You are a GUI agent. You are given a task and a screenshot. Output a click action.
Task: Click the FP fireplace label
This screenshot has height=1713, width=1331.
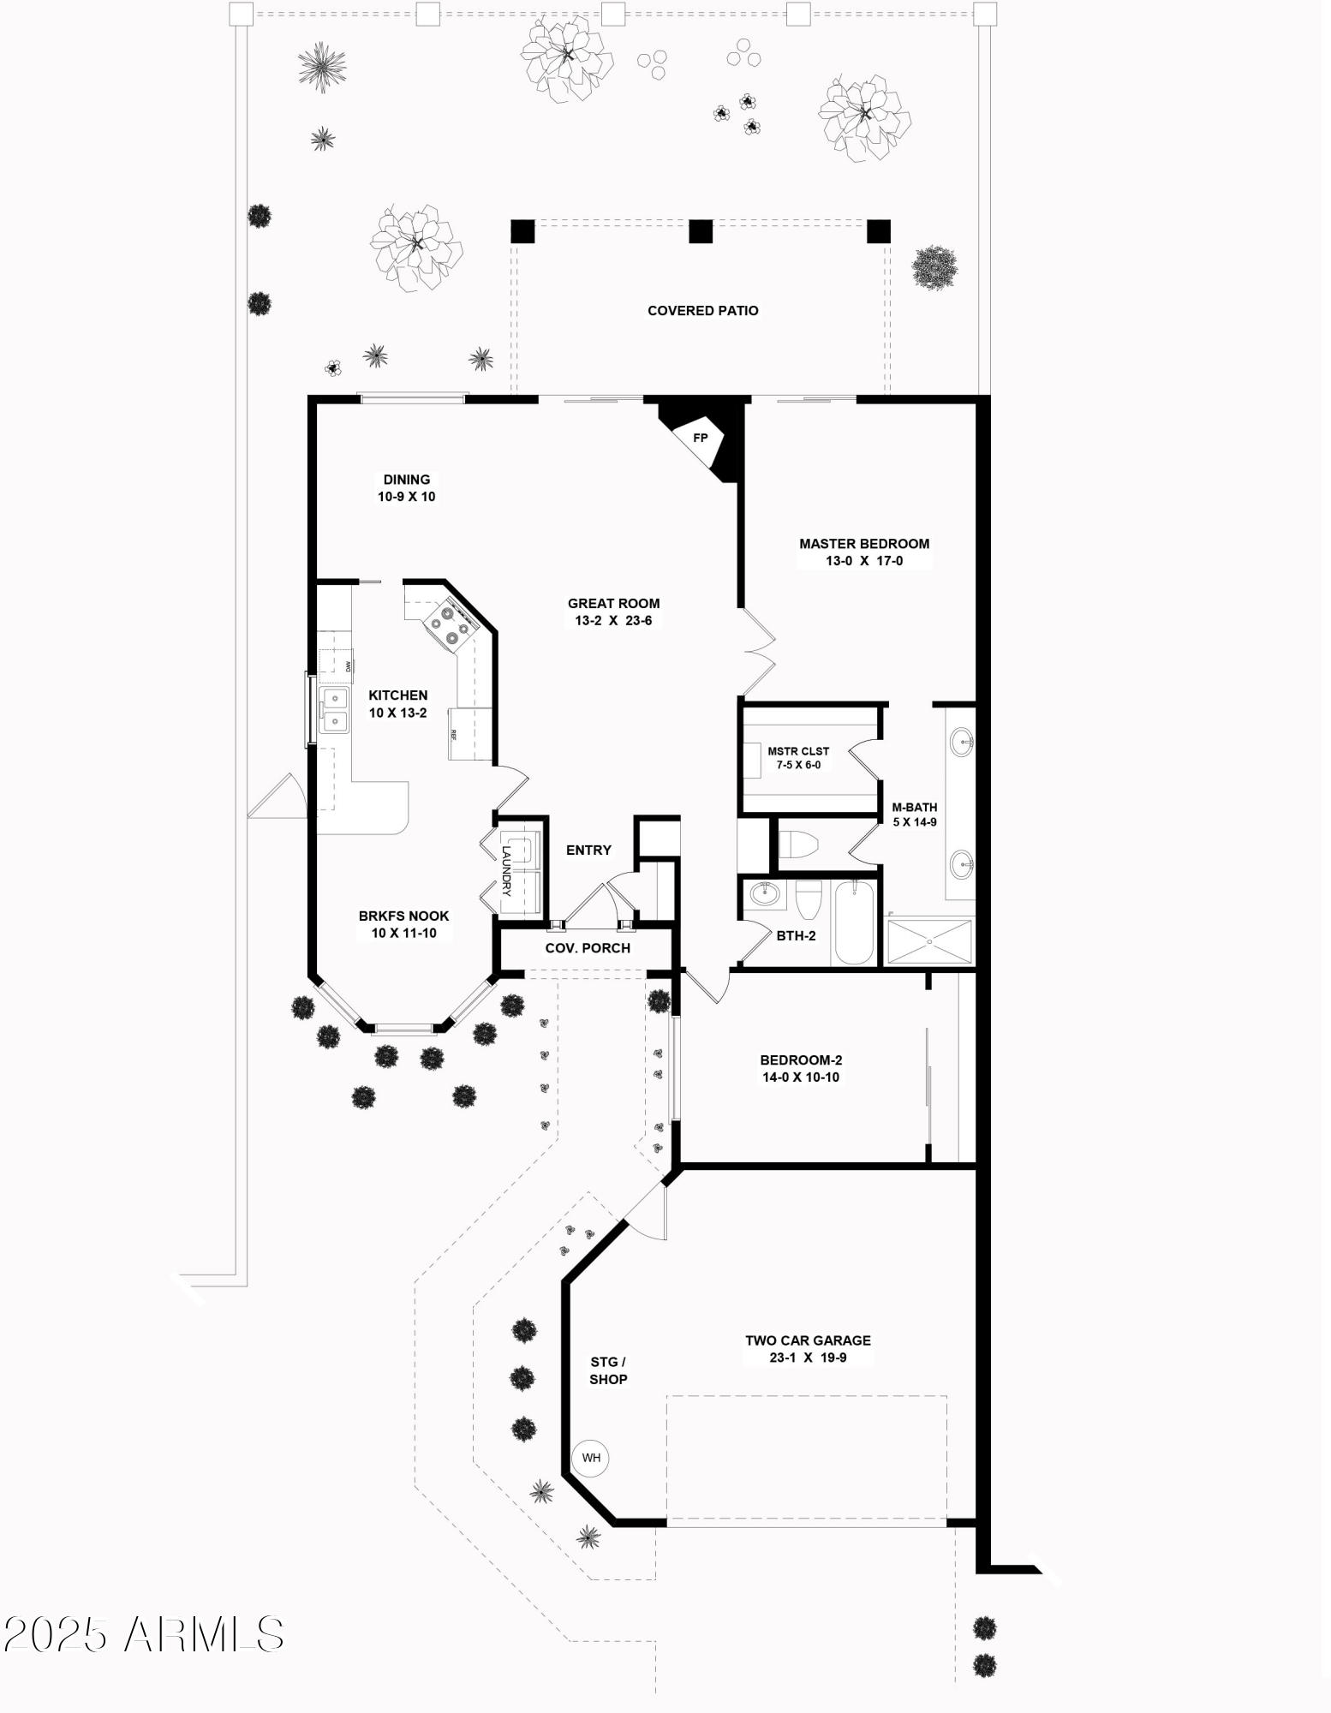coord(700,439)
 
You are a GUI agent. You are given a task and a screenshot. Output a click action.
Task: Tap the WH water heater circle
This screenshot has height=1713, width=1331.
coord(591,1458)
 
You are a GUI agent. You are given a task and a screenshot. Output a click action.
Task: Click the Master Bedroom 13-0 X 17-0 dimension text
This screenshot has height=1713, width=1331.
coord(863,561)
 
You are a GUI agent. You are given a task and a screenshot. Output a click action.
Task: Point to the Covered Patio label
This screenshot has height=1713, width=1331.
coord(702,311)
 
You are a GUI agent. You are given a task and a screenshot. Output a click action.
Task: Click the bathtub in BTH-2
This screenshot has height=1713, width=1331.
coord(853,922)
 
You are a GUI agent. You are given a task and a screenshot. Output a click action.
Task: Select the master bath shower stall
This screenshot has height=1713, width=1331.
coord(929,941)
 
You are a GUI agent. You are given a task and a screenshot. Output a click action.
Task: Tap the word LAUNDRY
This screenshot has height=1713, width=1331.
coord(506,871)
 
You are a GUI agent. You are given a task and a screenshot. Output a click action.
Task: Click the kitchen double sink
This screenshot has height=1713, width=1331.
coord(334,710)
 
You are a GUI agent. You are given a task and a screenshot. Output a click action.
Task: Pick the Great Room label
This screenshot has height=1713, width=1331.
coord(613,604)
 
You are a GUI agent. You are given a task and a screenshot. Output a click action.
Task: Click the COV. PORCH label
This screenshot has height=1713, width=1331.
coord(588,948)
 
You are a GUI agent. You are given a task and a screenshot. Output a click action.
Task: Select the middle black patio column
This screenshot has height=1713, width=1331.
coord(701,231)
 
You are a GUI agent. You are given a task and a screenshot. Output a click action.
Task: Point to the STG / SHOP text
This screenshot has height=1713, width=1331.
coord(608,1370)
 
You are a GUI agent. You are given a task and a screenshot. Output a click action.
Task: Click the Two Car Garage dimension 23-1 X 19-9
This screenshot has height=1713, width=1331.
coord(808,1358)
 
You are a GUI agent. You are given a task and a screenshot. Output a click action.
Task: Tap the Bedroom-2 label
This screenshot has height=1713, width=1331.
coord(801,1060)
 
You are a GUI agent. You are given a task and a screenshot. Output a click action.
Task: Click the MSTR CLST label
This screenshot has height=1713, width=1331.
coord(798,751)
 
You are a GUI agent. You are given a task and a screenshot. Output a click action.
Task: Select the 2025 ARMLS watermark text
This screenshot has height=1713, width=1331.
coord(143,1634)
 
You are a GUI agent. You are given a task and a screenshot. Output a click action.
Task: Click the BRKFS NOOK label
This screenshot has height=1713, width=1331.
coord(403,916)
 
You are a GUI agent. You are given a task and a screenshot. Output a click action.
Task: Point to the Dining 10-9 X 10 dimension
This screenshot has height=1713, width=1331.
coord(407,497)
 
